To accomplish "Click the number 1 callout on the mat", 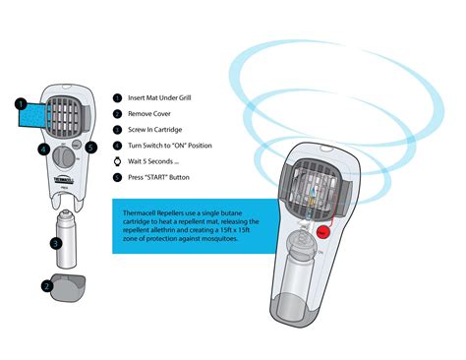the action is click(x=21, y=101).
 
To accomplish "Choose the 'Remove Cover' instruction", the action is click(x=152, y=114).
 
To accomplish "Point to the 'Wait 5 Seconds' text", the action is click(x=156, y=161).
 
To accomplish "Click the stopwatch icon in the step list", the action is click(x=118, y=161).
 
